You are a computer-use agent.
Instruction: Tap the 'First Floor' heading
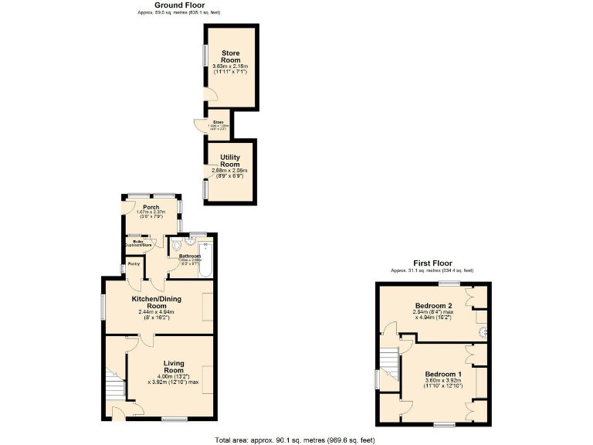click(x=432, y=263)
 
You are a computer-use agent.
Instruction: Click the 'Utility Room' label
click(x=230, y=161)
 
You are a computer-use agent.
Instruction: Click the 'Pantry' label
click(x=134, y=264)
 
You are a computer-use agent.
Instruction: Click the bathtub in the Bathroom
click(x=208, y=260)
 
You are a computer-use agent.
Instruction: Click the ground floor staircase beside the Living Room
click(x=115, y=384)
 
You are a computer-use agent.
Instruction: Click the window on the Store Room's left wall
click(x=205, y=56)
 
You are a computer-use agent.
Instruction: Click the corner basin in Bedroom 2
click(x=483, y=332)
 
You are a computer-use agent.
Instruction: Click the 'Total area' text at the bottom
click(x=295, y=440)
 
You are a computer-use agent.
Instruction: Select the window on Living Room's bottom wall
click(x=175, y=420)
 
